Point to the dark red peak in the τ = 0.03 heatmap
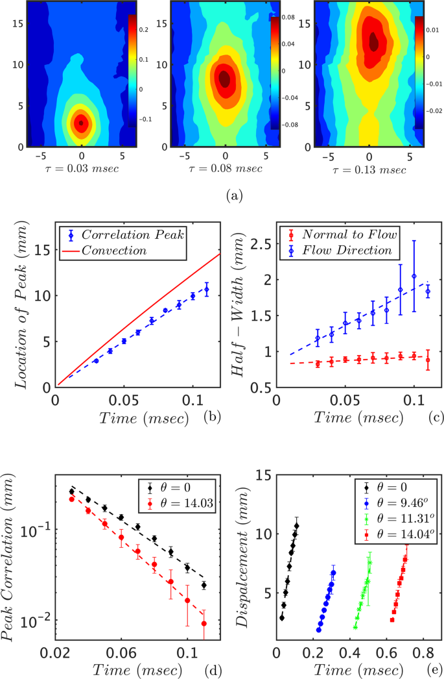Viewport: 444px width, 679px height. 81,122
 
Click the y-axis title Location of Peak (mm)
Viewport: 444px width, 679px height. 23,304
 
